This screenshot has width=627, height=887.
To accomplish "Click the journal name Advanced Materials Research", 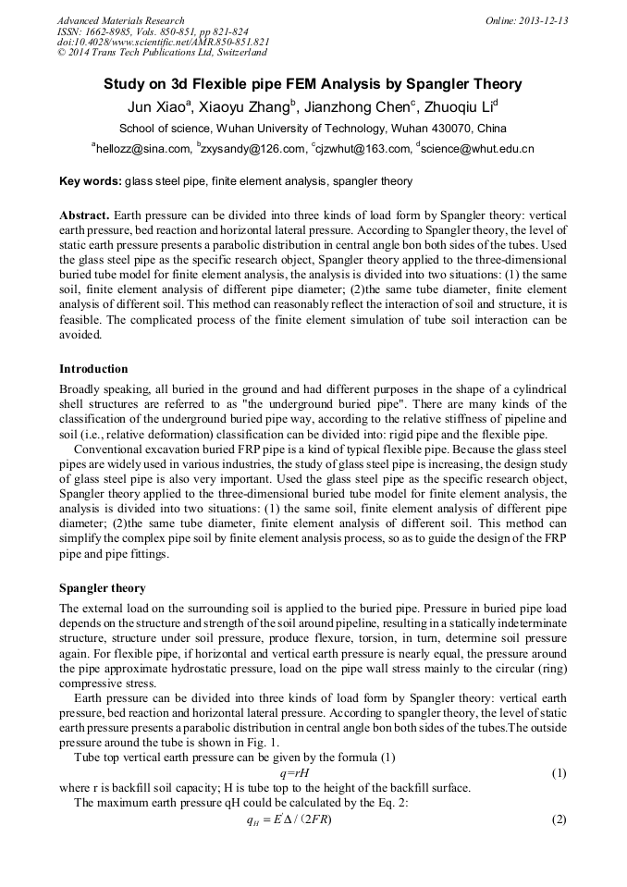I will coord(120,20).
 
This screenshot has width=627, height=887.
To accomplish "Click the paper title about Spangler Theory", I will coord(313,84).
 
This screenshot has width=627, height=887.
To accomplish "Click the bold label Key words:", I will coord(90,181).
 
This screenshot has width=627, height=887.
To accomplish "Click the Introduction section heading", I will coord(93,369).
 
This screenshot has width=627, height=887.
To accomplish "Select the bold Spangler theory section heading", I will coord(102,588).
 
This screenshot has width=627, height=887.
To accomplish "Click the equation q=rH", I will coord(294,772).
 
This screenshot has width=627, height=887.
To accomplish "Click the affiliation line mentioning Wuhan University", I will coord(313,128).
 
